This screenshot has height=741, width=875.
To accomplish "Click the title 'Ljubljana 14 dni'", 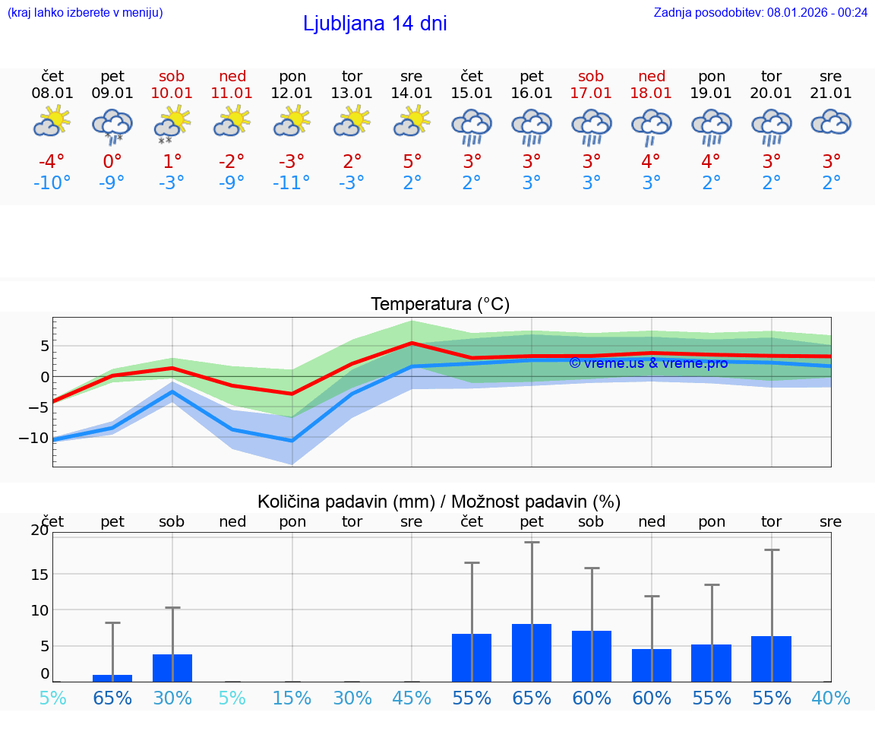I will click(x=374, y=24).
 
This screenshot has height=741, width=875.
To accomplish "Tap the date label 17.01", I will click(x=591, y=93).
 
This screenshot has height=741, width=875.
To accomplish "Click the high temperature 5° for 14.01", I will click(x=412, y=162).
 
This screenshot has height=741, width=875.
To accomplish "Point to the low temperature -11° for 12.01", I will click(x=292, y=183).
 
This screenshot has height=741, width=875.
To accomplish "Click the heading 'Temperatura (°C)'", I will click(x=440, y=305).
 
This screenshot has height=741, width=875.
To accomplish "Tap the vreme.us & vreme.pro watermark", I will click(x=648, y=363).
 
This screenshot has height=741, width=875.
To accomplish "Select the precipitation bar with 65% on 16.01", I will click(x=532, y=653).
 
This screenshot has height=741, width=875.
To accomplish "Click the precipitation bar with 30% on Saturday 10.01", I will click(x=172, y=668).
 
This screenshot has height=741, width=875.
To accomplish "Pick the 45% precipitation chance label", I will click(x=412, y=698).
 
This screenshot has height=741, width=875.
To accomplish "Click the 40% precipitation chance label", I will click(x=831, y=698).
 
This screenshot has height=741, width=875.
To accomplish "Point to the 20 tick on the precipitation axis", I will click(x=39, y=530).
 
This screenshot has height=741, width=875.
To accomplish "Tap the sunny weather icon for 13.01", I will click(x=352, y=121).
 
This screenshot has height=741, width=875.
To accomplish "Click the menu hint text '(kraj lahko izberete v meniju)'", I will click(x=85, y=12).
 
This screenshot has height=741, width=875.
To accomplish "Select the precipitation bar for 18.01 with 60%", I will click(x=652, y=665).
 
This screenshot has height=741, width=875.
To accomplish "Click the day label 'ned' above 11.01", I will click(x=232, y=76).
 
